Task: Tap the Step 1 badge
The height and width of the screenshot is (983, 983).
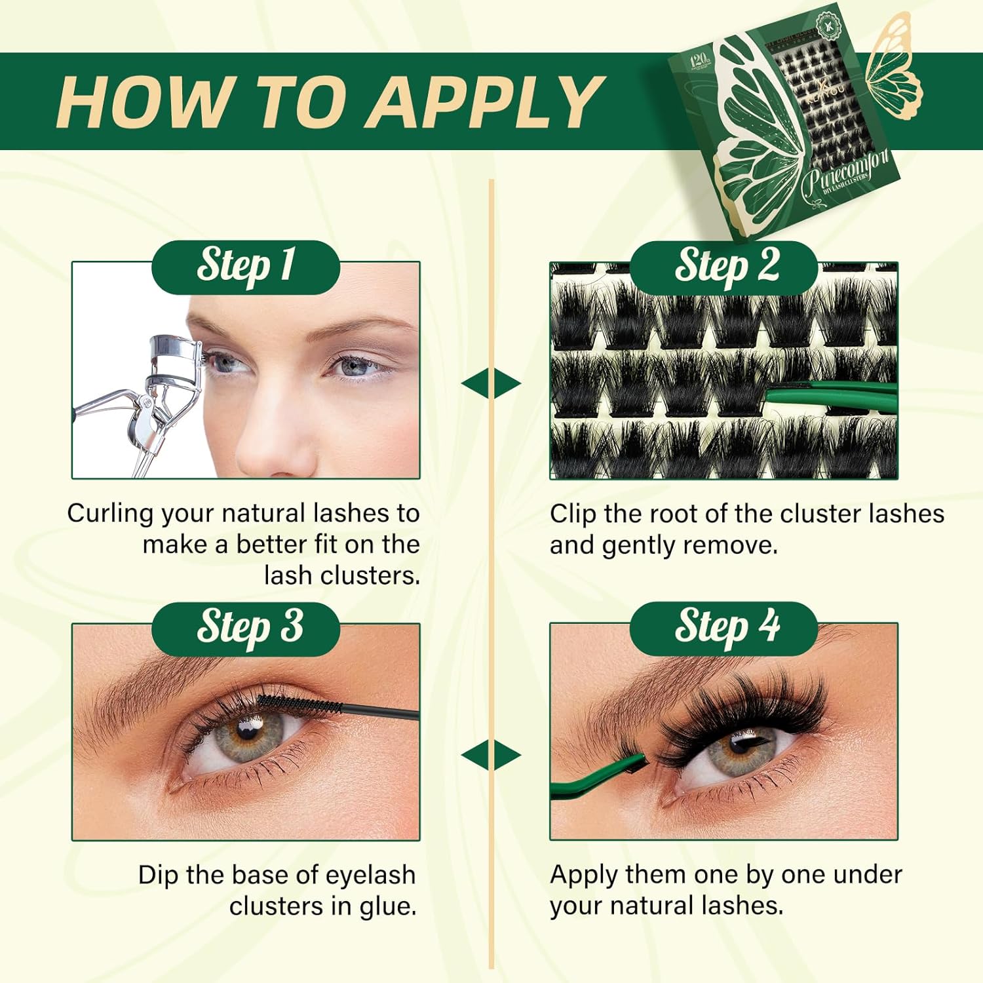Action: tap(246, 267)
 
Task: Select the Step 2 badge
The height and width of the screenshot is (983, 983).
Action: tap(725, 267)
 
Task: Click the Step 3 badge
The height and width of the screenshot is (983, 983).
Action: tap(246, 628)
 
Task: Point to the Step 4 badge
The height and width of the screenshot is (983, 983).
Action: tap(725, 628)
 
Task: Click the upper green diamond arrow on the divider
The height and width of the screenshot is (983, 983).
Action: tap(491, 383)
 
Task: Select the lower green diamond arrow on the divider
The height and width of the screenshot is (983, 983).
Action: tap(491, 755)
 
